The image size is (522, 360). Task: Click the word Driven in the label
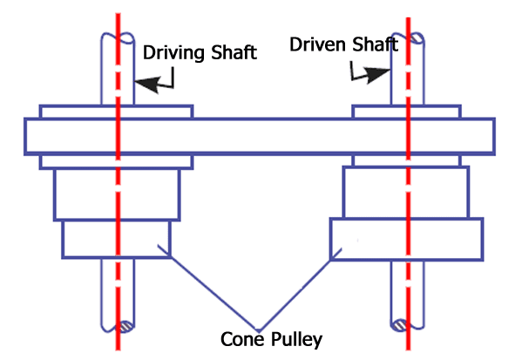coord(317,44)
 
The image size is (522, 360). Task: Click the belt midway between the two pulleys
coord(261,135)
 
